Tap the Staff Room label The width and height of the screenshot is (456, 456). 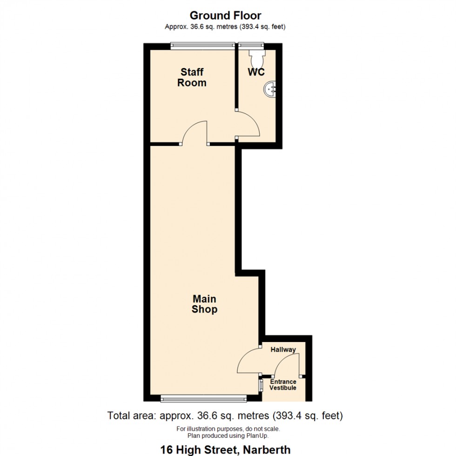pyautogui.click(x=192, y=78)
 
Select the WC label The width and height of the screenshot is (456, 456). pyautogui.click(x=256, y=72)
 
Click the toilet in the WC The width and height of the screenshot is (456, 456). pyautogui.click(x=256, y=58)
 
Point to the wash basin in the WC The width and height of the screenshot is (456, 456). pyautogui.click(x=271, y=88)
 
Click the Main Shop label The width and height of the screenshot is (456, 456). pyautogui.click(x=204, y=304)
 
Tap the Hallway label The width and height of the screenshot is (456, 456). pyautogui.click(x=283, y=349)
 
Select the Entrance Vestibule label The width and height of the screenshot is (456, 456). pyautogui.click(x=283, y=385)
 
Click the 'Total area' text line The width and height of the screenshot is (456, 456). pyautogui.click(x=225, y=415)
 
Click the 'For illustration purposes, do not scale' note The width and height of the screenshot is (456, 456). pyautogui.click(x=228, y=429)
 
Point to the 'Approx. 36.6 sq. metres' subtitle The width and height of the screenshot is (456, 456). pyautogui.click(x=225, y=27)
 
